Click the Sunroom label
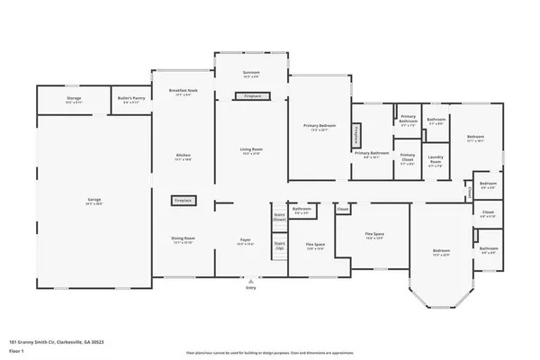(251, 72)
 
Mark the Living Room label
(251, 149)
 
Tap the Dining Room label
(183, 238)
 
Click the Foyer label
(244, 240)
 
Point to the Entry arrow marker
(251, 280)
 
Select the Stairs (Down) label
(279, 216)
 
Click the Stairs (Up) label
(279, 244)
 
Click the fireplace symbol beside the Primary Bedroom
(356, 136)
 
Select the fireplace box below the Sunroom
(251, 95)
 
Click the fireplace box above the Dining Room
(183, 201)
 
